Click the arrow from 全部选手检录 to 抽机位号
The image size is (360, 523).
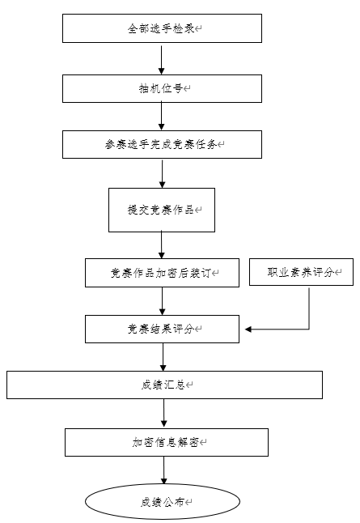coord(161,60)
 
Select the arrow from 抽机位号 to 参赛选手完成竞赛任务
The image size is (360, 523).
coord(161,116)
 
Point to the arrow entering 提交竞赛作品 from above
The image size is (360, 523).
coord(163,174)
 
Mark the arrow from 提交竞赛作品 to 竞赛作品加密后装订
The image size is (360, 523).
coord(162,244)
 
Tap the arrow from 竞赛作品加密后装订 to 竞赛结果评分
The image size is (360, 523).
coord(163,301)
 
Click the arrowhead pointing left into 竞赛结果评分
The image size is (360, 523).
coord(248,330)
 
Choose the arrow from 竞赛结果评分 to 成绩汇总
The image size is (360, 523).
coord(163,357)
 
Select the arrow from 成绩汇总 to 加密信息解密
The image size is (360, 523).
coord(163,413)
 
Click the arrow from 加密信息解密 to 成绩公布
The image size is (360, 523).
coord(163,470)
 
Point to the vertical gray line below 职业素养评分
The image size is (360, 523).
coord(309,309)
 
